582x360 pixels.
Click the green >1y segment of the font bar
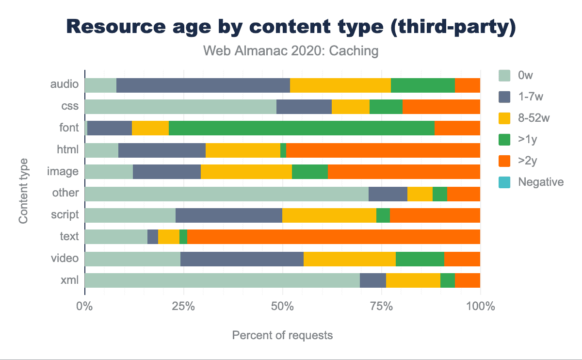click(x=301, y=128)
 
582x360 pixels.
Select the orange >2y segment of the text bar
click(x=333, y=237)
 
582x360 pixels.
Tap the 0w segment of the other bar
click(x=226, y=194)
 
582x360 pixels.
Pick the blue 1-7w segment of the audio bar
click(x=203, y=85)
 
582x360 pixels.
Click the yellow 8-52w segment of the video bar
click(x=349, y=259)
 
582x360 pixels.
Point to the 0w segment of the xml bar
click(x=222, y=280)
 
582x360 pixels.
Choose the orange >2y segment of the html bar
click(x=383, y=150)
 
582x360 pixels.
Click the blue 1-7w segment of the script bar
click(x=228, y=215)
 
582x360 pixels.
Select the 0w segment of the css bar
click(x=180, y=107)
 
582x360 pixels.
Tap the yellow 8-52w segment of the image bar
click(x=246, y=172)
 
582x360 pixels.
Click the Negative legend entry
click(x=540, y=182)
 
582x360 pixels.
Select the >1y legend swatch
click(x=504, y=139)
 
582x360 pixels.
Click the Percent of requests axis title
click(x=282, y=335)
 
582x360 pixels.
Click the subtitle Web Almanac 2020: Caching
click(x=290, y=50)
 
